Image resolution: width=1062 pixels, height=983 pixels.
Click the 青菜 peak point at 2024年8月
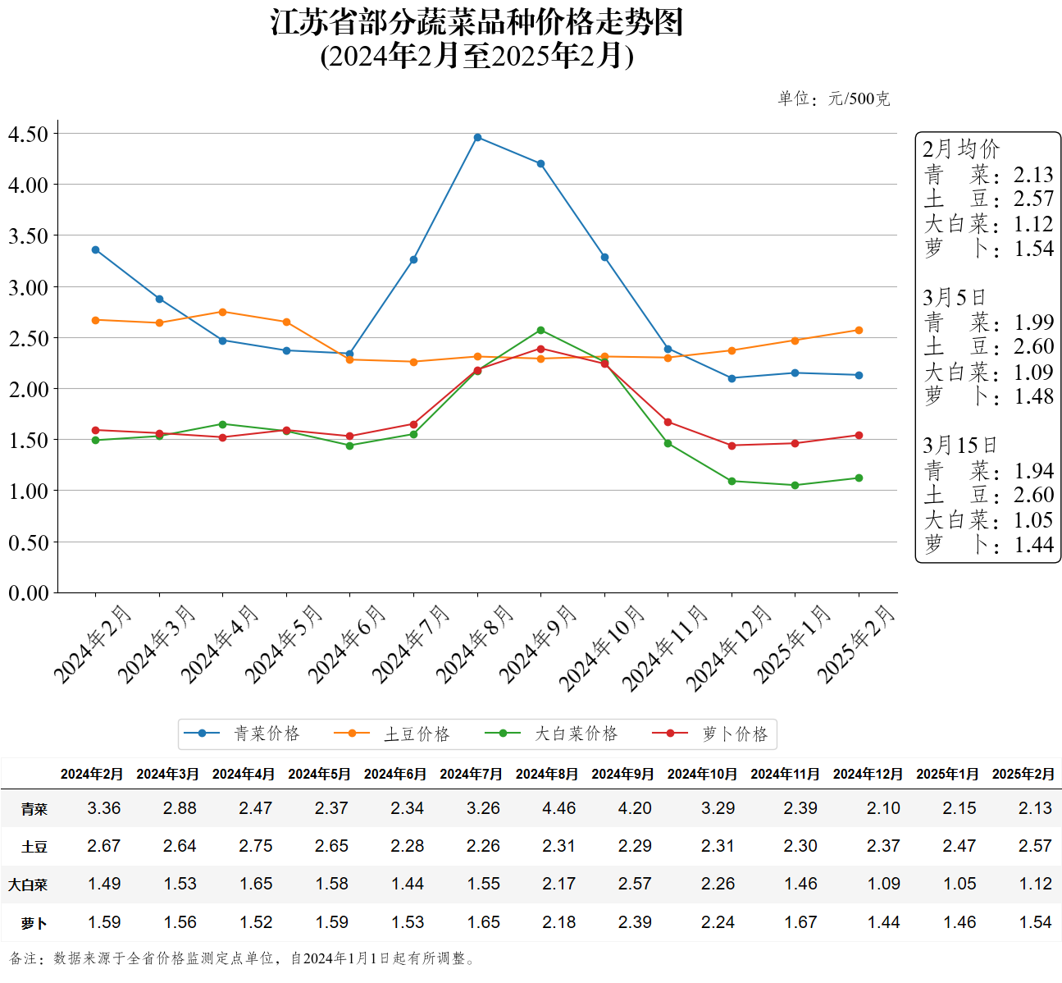[x=477, y=137]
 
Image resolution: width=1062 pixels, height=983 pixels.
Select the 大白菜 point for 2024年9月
[x=540, y=331]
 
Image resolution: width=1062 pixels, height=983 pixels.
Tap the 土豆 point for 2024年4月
[x=222, y=312]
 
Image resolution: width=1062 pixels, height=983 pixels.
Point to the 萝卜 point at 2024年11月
[x=668, y=423]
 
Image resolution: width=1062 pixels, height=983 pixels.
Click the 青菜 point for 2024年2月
[x=95, y=249]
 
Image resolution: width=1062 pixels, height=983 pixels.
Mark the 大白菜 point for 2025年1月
[x=795, y=485]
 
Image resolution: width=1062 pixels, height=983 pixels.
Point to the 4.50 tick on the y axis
[x=29, y=134]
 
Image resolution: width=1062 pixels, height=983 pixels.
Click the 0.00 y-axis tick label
[x=29, y=592]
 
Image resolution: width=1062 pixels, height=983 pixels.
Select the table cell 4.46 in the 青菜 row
[x=559, y=808]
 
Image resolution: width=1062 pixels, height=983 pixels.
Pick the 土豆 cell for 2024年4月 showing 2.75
[x=256, y=846]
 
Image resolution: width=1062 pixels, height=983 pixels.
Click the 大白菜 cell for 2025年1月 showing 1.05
[x=959, y=884]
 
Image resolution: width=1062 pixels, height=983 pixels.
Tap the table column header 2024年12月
[x=868, y=774]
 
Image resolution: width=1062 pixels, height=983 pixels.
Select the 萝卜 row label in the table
[x=34, y=923]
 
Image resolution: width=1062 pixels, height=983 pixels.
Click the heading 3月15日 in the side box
[x=959, y=446]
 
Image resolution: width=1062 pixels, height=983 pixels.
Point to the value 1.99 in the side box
[x=1033, y=322]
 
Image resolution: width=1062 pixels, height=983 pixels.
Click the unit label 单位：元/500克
[x=833, y=98]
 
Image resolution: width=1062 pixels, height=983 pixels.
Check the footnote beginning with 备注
[x=243, y=958]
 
